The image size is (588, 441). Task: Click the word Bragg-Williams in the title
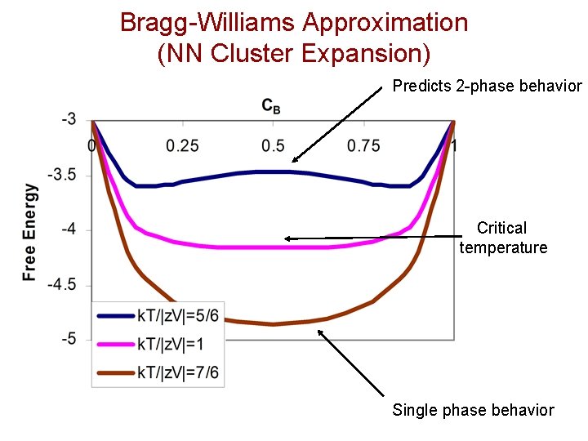pyautogui.click(x=204, y=22)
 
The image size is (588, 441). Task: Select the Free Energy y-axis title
pyautogui.click(x=30, y=233)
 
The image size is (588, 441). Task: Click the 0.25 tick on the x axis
pyautogui.click(x=183, y=145)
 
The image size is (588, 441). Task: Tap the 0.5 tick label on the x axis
pyautogui.click(x=273, y=145)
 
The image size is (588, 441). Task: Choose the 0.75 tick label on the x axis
pyautogui.click(x=363, y=145)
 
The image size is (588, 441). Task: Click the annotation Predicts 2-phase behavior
pyautogui.click(x=488, y=86)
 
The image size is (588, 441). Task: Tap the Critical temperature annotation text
pyautogui.click(x=502, y=238)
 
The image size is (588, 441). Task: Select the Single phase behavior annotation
pyautogui.click(x=473, y=410)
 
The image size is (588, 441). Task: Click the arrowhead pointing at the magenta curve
pyautogui.click(x=288, y=238)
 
